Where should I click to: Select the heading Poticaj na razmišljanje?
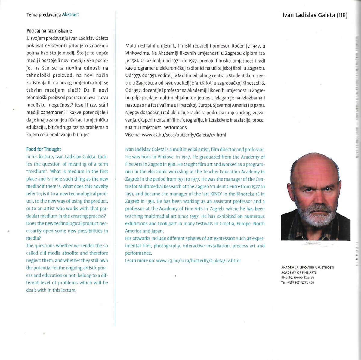coord(49,31)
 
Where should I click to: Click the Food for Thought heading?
coord(44,149)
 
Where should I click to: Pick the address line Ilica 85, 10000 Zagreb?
coord(298,277)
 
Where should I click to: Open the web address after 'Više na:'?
coord(184,135)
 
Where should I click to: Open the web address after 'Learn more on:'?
coord(198,261)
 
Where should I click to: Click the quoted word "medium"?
coord(36,171)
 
